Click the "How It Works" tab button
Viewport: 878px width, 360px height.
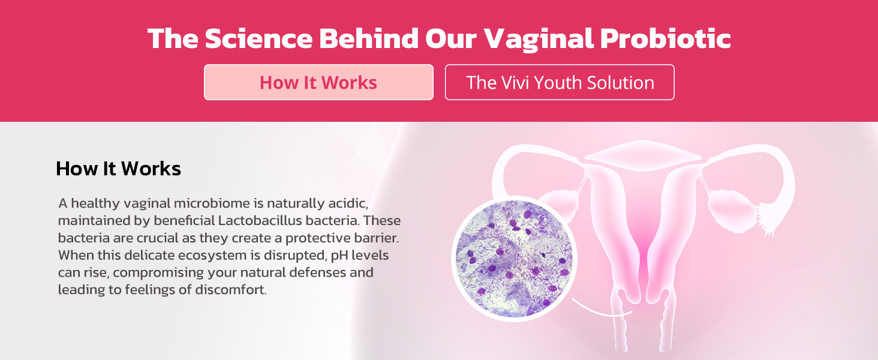click(318, 82)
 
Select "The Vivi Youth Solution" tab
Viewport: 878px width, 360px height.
click(560, 82)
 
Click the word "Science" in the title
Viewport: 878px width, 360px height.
click(258, 38)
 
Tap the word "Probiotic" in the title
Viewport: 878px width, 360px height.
click(666, 38)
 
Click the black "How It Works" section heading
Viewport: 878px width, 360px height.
click(118, 169)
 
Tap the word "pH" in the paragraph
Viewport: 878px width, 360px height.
click(339, 256)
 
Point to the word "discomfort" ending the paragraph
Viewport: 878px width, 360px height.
click(230, 290)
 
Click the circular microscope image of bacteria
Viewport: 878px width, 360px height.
click(514, 259)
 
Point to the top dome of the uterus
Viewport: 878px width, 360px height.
click(643, 155)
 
